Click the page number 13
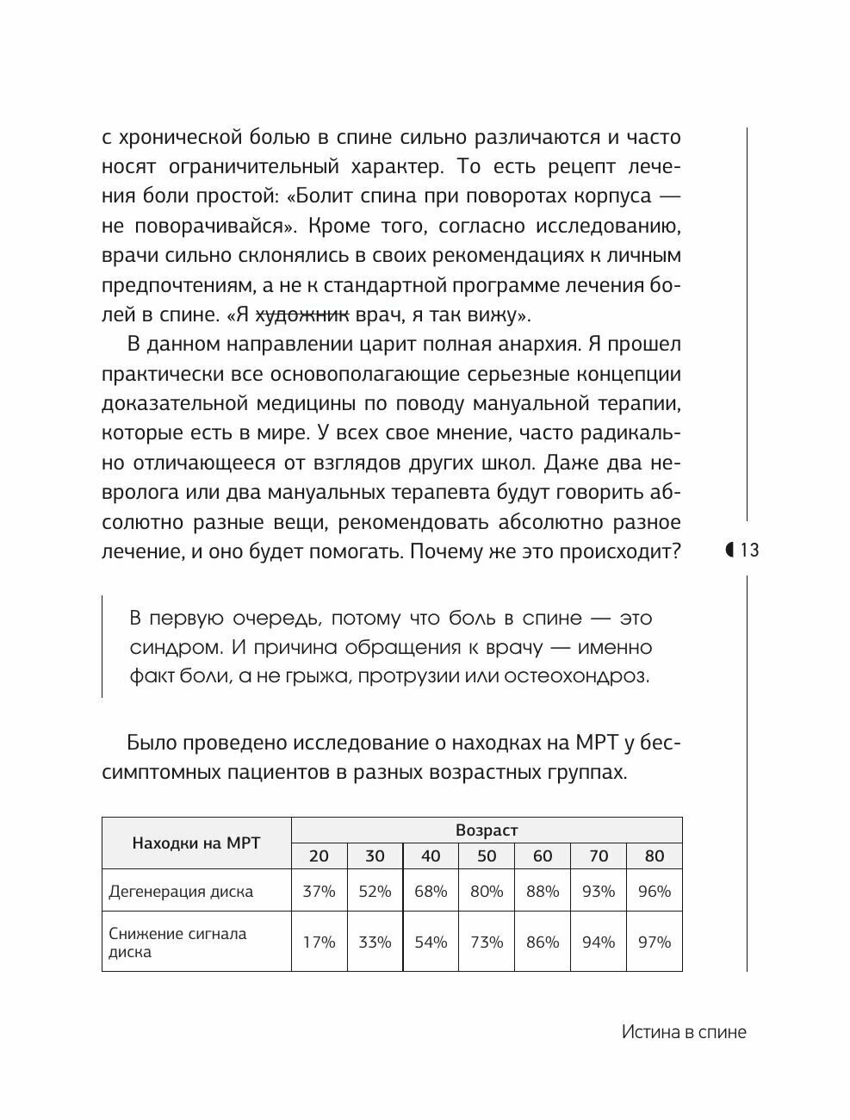point(749,550)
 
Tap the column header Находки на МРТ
point(196,843)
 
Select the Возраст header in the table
point(487,830)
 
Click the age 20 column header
point(319,856)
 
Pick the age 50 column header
point(487,856)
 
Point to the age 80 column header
point(655,856)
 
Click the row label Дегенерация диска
point(181,892)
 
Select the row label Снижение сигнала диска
point(177,943)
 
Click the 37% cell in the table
point(319,892)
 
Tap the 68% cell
point(431,892)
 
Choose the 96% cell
point(655,892)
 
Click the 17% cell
point(319,942)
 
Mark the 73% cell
point(487,942)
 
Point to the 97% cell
point(655,942)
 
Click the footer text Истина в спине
point(684,1032)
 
